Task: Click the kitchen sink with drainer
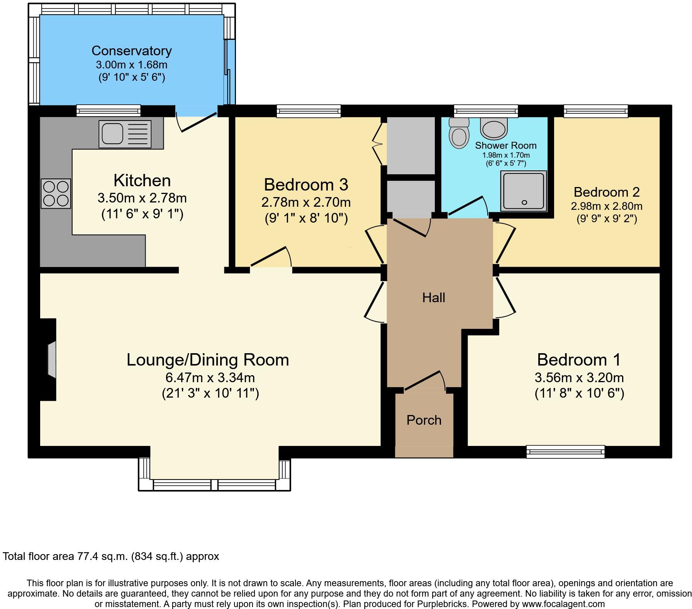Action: pos(125,134)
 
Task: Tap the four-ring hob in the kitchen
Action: pos(56,194)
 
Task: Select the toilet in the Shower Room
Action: pos(459,133)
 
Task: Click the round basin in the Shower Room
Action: pos(494,129)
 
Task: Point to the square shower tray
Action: pos(524,191)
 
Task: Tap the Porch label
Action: pos(424,420)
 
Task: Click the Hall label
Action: pos(433,298)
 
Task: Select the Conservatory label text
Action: pos(131,51)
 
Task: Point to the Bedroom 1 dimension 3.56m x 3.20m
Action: pos(579,377)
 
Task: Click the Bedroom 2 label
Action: pos(606,192)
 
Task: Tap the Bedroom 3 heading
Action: pos(306,185)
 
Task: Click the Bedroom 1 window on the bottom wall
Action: pos(565,452)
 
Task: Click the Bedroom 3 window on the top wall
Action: pos(309,112)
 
